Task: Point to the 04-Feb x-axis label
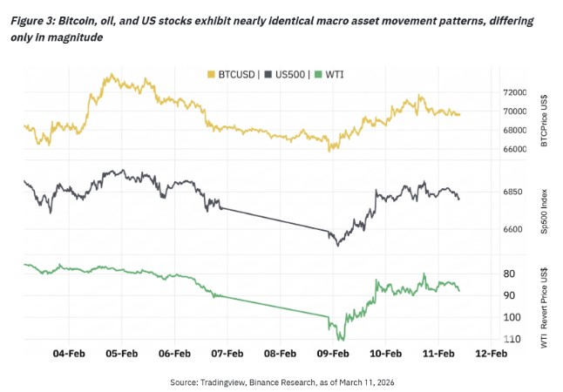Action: (x=69, y=354)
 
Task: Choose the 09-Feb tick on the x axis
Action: (x=333, y=354)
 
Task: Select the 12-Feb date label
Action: (x=491, y=354)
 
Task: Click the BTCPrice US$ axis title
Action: (x=544, y=118)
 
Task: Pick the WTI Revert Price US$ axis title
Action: (x=544, y=306)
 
